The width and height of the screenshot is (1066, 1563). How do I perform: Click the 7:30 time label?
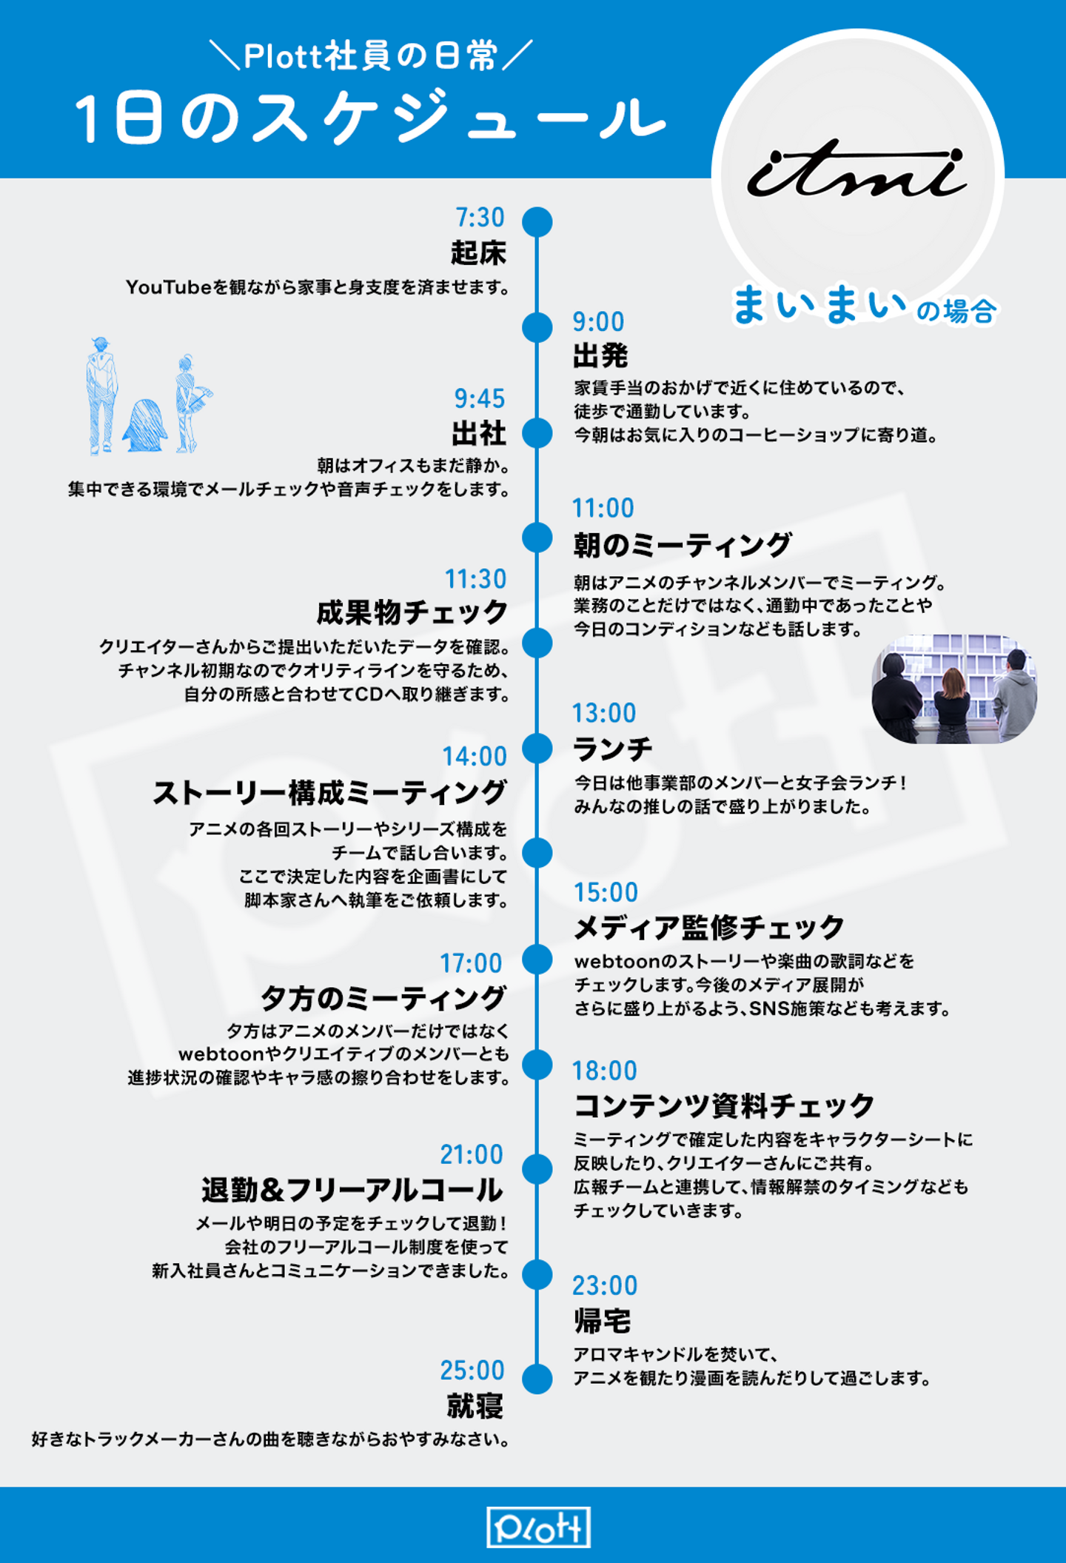[x=480, y=218]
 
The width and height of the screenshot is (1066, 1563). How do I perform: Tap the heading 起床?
[x=478, y=253]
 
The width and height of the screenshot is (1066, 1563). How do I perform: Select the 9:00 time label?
[x=598, y=322]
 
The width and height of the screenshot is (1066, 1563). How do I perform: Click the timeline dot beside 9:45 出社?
[x=537, y=432]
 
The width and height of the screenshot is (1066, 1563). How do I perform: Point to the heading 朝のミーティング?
[x=682, y=545]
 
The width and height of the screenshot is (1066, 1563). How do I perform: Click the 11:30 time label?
[x=475, y=579]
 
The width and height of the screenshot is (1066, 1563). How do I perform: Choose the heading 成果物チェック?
[x=412, y=613]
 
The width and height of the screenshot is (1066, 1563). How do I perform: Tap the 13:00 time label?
[x=604, y=713]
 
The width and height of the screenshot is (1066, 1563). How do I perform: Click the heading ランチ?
[x=613, y=749]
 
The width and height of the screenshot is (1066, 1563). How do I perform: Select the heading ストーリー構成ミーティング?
[x=329, y=793]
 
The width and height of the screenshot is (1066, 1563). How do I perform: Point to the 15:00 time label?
[x=606, y=893]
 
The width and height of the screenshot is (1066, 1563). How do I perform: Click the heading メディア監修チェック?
[x=709, y=928]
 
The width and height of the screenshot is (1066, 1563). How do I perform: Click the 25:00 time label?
[x=472, y=1370]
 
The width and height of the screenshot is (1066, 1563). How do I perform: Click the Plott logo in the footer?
[x=538, y=1527]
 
